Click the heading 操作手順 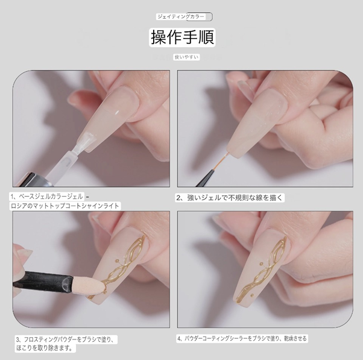[x=182, y=37]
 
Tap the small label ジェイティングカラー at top [x=181, y=17]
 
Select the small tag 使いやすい [x=186, y=57]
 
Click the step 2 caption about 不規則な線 [x=229, y=198]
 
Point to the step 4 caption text [x=242, y=338]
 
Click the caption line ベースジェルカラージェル [x=46, y=197]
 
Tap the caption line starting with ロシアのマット [x=65, y=206]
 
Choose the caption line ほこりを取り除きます [x=45, y=348]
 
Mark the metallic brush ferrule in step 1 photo [x=34, y=180]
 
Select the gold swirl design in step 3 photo [x=122, y=267]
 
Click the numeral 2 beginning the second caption [x=178, y=198]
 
